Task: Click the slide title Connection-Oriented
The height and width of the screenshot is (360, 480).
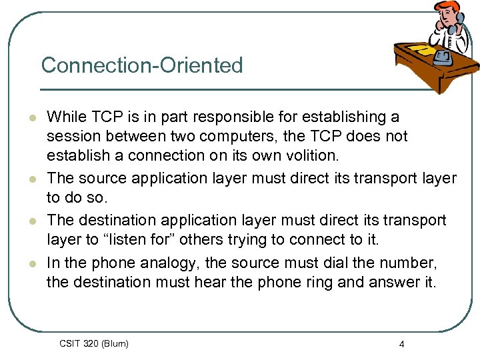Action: point(142,65)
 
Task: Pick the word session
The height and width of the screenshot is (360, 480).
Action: point(73,136)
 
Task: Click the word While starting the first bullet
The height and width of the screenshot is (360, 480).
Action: point(67,117)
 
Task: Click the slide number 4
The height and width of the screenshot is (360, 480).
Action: point(401,344)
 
